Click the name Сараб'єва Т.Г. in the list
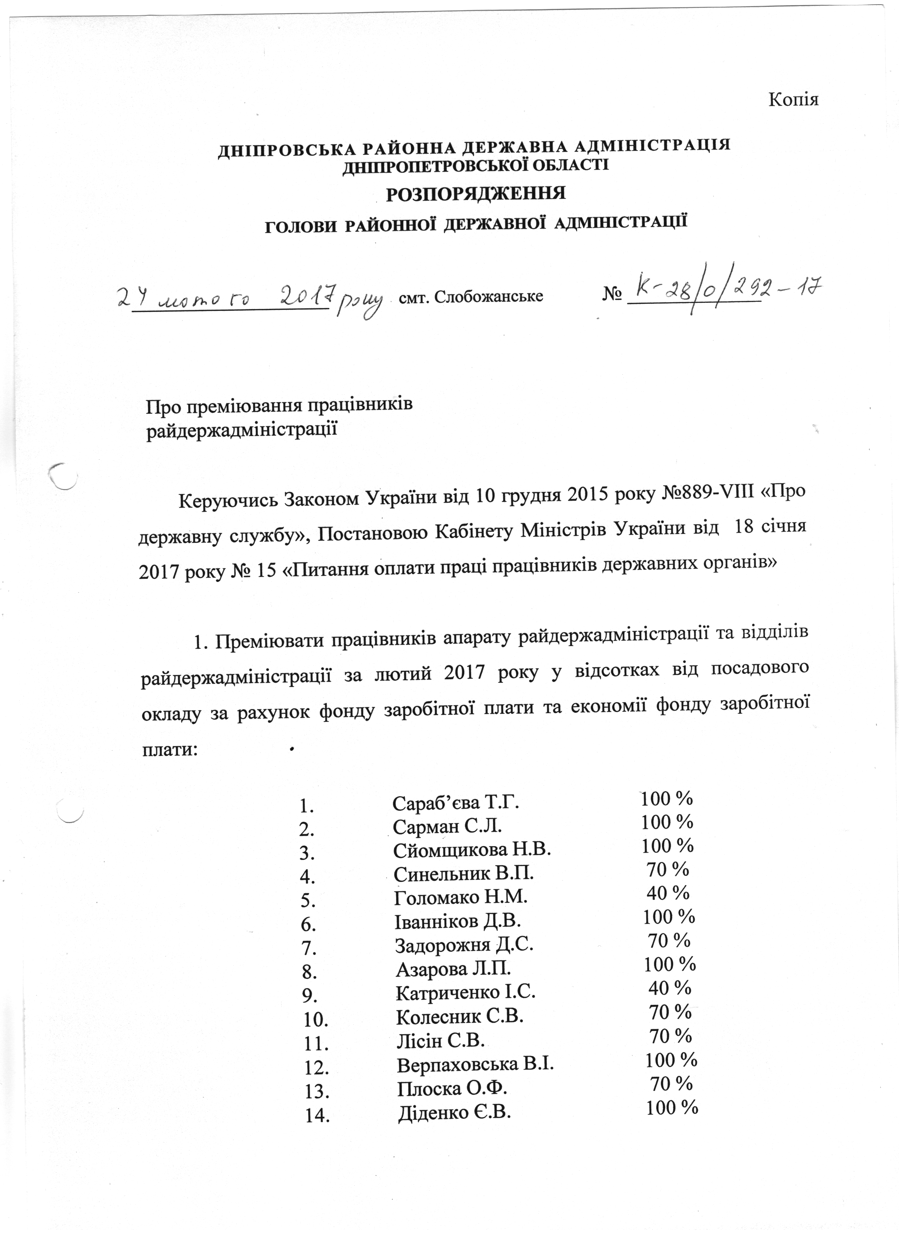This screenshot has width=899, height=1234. point(456,803)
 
